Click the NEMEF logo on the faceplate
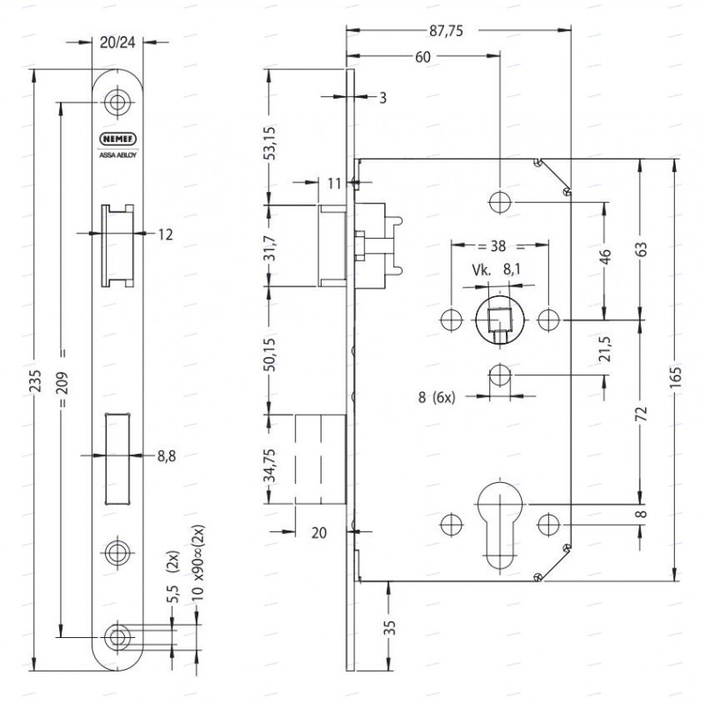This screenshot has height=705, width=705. pos(118,139)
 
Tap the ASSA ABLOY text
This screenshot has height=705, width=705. pos(118,155)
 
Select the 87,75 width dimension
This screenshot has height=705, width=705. pos(446,31)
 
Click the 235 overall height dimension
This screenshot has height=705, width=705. pos(35,381)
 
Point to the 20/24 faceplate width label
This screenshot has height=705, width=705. pos(117,42)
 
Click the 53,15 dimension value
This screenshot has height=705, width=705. pos(270,144)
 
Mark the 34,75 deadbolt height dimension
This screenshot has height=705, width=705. pos(270,465)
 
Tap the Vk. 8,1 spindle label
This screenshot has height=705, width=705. pos(496,270)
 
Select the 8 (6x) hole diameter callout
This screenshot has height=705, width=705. pos(436,397)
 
